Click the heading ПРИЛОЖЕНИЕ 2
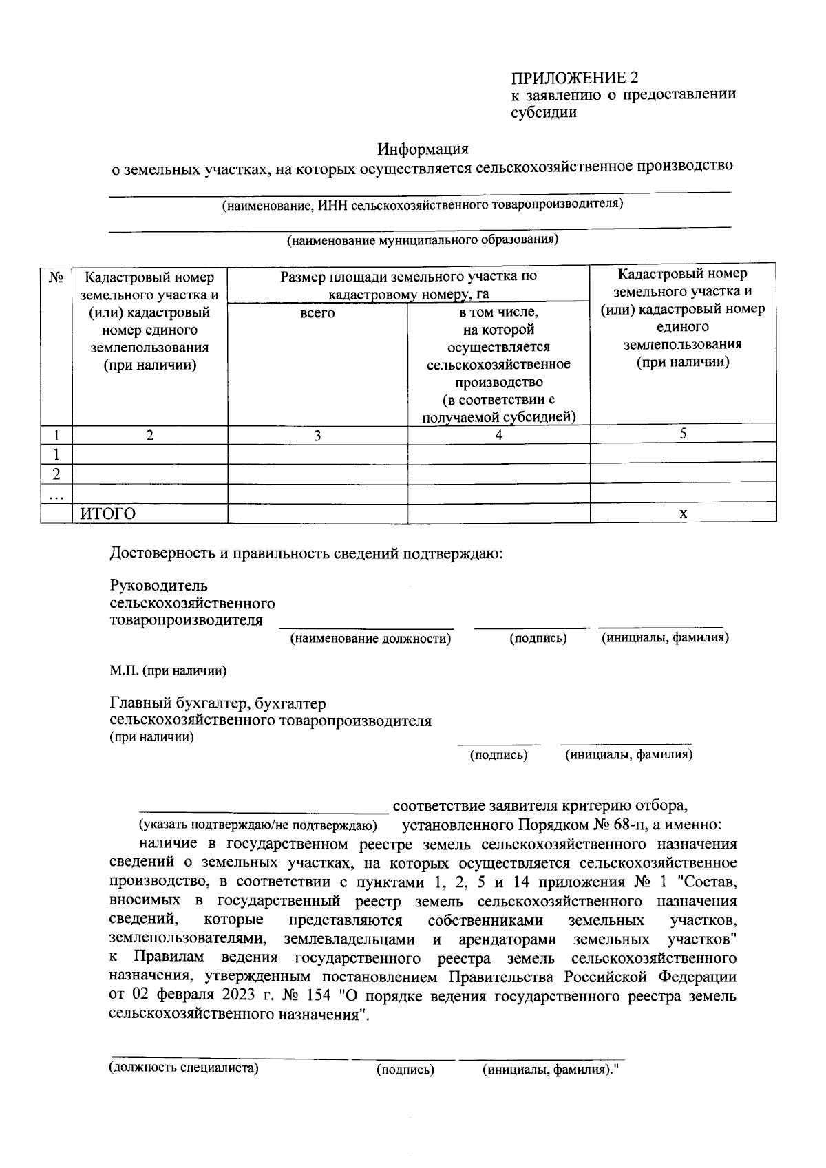tap(574, 76)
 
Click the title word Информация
tap(423, 149)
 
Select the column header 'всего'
tap(317, 313)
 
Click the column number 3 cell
tap(317, 435)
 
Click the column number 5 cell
tap(683, 433)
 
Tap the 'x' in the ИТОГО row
tap(683, 513)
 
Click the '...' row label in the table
tap(56, 494)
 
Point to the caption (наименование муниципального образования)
tap(422, 240)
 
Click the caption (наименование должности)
tap(370, 639)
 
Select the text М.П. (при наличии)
tap(169, 670)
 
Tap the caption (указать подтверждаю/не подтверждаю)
tap(257, 825)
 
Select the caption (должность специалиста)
tap(184, 1068)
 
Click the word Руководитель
tap(158, 586)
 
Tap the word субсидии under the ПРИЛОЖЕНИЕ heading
tap(543, 112)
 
